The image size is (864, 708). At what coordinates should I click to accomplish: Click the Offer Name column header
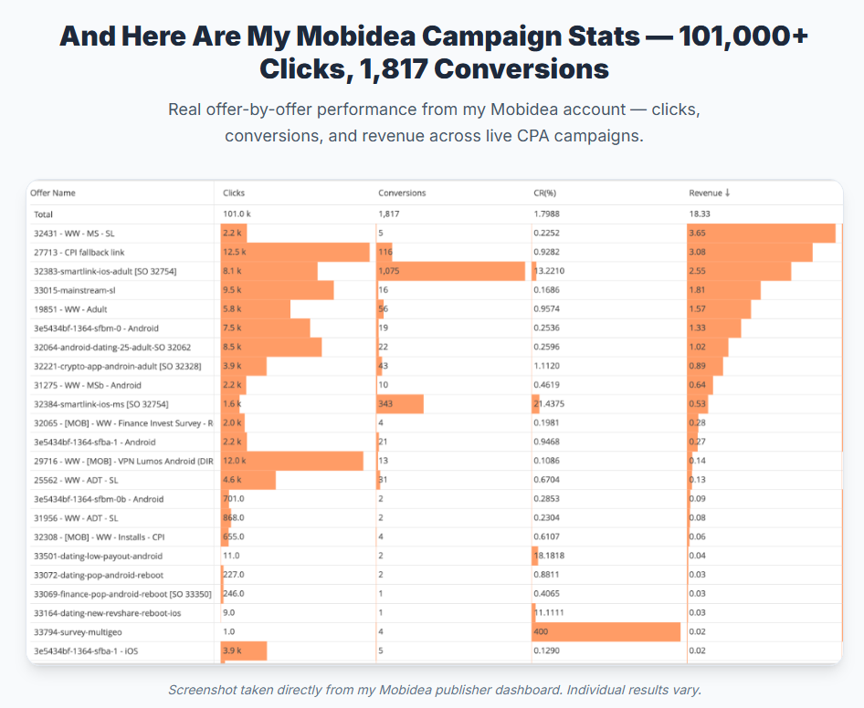click(53, 193)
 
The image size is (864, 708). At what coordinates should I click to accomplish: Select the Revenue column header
click(705, 193)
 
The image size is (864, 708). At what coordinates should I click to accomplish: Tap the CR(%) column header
click(545, 193)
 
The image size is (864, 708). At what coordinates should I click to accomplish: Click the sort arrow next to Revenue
click(727, 193)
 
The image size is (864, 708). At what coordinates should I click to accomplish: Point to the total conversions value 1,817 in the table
click(389, 214)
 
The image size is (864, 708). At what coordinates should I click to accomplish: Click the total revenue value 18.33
click(700, 214)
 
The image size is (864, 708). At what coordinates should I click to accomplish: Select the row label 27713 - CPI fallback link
click(79, 253)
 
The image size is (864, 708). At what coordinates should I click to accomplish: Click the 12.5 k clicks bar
click(295, 252)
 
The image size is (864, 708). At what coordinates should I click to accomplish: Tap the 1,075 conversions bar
click(451, 271)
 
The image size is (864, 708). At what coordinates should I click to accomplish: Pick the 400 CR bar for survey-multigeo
click(606, 632)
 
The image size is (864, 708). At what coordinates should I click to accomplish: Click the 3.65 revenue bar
click(762, 234)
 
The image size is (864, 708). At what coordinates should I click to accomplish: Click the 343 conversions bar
click(400, 404)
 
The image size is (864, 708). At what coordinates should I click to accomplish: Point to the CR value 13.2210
click(549, 271)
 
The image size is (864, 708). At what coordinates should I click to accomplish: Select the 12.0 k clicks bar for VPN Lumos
click(292, 462)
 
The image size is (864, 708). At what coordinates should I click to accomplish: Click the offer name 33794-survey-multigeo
click(78, 632)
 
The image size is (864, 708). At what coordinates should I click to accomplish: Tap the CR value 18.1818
click(549, 556)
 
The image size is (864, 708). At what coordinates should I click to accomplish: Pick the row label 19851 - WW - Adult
click(70, 309)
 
